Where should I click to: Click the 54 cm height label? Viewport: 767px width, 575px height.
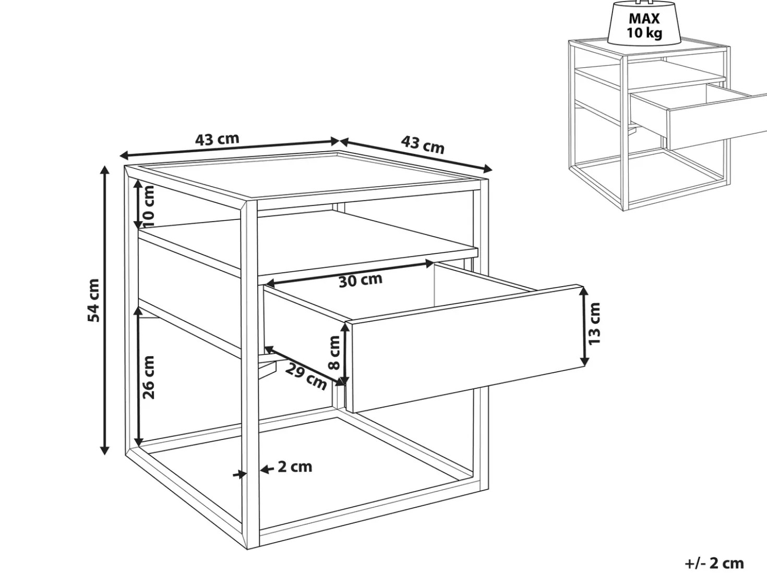(93, 300)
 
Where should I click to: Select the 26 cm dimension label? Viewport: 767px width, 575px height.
(149, 377)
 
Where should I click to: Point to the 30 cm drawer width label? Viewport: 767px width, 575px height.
(361, 280)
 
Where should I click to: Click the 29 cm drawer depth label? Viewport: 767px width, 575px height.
(306, 376)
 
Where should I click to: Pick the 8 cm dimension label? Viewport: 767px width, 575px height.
(334, 352)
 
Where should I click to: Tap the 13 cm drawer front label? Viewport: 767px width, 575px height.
(594, 324)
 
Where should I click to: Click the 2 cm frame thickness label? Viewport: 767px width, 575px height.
(295, 467)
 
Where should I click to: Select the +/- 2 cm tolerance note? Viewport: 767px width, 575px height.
(714, 564)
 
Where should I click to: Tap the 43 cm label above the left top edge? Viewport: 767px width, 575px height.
(217, 139)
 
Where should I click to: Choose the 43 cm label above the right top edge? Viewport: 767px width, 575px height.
(423, 144)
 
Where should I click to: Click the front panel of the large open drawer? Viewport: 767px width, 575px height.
(467, 349)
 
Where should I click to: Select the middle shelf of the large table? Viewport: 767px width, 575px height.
(307, 241)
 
